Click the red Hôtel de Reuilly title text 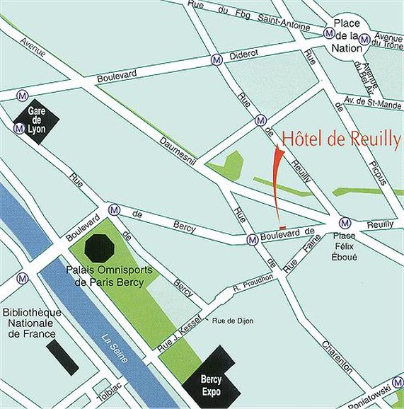340,139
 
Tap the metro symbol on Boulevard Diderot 217,61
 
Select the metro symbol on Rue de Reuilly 261,120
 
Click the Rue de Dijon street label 233,321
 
